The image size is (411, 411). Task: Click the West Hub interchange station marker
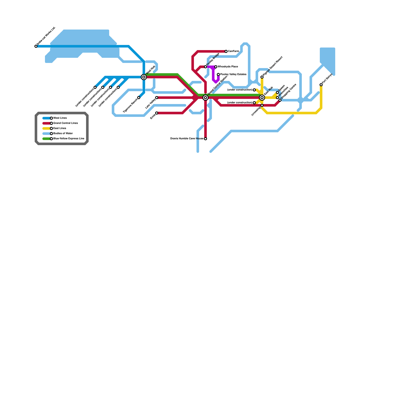[144, 77]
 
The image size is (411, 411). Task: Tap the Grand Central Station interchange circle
[206, 98]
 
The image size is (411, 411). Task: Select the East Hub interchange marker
[262, 98]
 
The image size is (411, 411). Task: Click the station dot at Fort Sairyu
[321, 85]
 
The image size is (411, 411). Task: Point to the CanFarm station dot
[226, 51]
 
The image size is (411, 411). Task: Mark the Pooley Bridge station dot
[206, 67]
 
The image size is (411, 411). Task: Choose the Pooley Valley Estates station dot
[218, 74]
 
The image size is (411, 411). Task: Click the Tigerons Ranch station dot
[139, 98]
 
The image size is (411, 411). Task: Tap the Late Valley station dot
[157, 98]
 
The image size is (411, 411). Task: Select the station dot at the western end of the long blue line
[36, 46]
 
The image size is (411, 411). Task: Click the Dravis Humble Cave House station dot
[206, 139]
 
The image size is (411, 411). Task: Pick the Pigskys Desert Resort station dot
[262, 77]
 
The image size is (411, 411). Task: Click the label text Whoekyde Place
[228, 67]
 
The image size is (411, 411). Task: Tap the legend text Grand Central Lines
[66, 123]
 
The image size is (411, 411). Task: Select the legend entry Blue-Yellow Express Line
[69, 139]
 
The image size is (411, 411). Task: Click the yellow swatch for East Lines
[46, 128]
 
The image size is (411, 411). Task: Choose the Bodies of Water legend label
[63, 134]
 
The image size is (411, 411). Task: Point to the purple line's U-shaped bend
[216, 82]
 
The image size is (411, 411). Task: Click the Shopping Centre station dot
[280, 100]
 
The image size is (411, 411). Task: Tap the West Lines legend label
[60, 118]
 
